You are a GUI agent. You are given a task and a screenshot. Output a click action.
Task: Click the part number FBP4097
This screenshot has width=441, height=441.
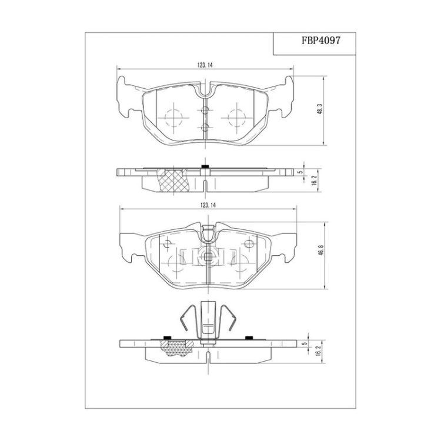321,40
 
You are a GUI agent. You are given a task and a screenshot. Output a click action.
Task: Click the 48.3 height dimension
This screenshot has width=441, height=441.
319,108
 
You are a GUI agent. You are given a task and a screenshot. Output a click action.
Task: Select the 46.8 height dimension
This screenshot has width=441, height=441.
321,250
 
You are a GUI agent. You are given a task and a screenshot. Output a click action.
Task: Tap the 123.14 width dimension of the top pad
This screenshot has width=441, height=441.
205,65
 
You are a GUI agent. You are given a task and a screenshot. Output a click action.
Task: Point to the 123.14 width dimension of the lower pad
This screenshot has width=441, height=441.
208,205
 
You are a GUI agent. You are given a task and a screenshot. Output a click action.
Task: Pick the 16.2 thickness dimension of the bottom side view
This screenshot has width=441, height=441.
318,352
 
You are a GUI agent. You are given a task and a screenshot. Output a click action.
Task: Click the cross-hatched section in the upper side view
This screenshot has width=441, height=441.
173,181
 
